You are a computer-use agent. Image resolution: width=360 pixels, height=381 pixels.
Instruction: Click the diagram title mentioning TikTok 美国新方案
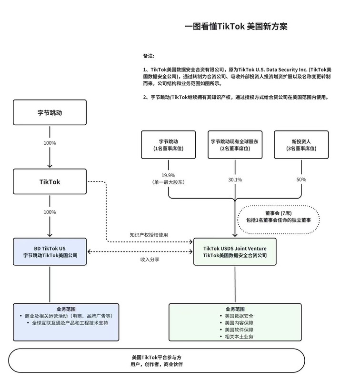236,27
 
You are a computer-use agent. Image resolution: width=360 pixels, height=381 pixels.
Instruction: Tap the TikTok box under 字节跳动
50,182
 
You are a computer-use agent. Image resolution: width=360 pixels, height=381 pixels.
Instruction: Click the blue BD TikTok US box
50,251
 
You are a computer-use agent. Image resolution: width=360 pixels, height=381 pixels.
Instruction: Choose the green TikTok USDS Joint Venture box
235,251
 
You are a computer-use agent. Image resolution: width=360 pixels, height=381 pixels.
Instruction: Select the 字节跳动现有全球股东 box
235,145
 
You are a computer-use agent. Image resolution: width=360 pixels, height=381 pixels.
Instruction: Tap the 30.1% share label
235,180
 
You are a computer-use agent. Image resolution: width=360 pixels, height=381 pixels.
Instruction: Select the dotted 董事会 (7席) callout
278,219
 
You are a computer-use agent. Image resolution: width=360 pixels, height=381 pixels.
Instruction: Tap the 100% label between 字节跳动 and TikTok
50,143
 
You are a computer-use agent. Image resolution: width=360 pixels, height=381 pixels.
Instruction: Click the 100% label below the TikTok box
50,211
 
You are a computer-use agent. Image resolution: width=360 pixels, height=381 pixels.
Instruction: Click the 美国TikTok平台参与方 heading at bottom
157,357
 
